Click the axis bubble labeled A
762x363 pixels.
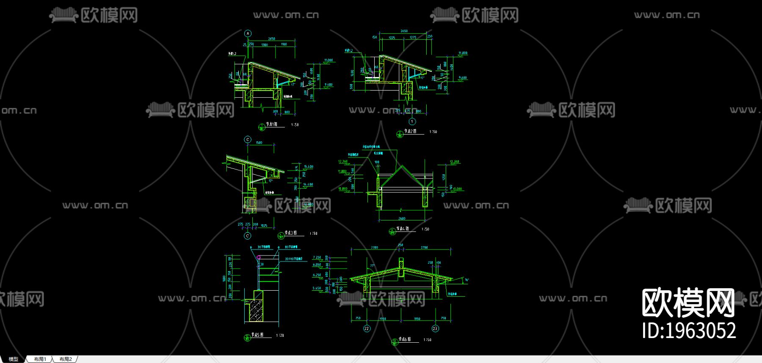248,33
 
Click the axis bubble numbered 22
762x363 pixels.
367,328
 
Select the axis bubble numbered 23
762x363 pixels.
435,328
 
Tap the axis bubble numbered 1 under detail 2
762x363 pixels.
412,121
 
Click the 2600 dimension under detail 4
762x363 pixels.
402,218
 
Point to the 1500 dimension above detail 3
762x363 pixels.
259,143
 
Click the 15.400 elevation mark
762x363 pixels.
308,167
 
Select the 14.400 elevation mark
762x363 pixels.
308,184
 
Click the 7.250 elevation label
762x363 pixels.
317,257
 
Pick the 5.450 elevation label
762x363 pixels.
317,288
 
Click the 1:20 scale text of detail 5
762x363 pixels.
280,335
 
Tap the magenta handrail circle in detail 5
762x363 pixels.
258,257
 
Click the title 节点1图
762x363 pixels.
271,125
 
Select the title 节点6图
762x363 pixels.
404,339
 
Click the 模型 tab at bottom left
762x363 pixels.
14,359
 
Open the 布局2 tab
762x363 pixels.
66,359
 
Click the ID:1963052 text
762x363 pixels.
689,330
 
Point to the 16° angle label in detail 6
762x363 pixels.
467,280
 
